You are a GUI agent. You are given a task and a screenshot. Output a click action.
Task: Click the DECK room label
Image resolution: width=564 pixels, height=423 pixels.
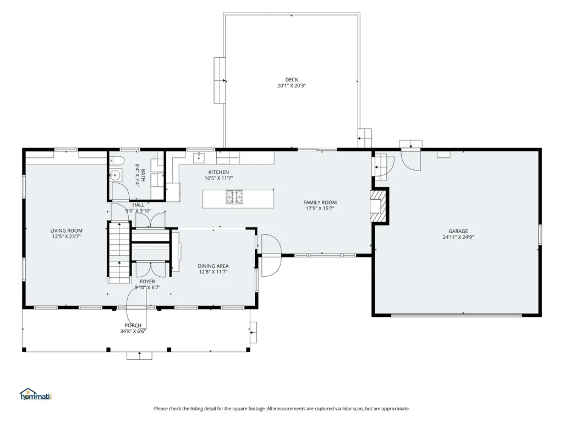click(x=291, y=80)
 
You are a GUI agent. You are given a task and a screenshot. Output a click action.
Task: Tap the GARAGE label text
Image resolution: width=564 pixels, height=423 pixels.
click(x=458, y=231)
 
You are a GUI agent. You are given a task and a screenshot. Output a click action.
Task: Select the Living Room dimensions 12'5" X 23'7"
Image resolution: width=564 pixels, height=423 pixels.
click(x=66, y=237)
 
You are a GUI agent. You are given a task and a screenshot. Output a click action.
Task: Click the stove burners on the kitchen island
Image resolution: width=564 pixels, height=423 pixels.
click(x=234, y=197)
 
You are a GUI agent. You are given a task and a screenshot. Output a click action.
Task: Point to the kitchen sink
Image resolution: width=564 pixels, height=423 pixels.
click(x=198, y=157)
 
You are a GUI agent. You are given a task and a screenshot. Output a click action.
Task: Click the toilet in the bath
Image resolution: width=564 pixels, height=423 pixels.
click(x=117, y=161)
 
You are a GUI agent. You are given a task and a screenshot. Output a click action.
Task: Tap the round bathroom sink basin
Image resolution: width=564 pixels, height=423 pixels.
click(x=115, y=175)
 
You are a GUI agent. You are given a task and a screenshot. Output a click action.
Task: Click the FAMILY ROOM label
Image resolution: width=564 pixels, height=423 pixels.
click(x=320, y=202)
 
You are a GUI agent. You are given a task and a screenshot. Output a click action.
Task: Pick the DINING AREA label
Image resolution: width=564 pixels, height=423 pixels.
click(x=213, y=266)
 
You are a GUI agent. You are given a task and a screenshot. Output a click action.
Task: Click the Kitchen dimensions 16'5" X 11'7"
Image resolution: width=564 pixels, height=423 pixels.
click(x=218, y=178)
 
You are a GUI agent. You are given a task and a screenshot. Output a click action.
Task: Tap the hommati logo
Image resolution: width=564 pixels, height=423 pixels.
click(x=36, y=394)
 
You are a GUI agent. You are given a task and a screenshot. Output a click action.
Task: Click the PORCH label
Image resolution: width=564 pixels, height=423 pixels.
click(x=133, y=326)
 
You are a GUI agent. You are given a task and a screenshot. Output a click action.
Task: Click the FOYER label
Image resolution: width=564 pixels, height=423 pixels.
click(x=147, y=282)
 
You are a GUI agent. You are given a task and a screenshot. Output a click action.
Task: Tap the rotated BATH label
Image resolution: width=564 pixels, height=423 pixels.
click(x=143, y=175)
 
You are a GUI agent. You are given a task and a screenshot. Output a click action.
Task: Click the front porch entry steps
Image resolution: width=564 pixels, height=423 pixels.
click(x=139, y=355)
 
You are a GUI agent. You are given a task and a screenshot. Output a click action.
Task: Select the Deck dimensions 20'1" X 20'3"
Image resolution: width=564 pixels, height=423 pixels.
click(x=291, y=86)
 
